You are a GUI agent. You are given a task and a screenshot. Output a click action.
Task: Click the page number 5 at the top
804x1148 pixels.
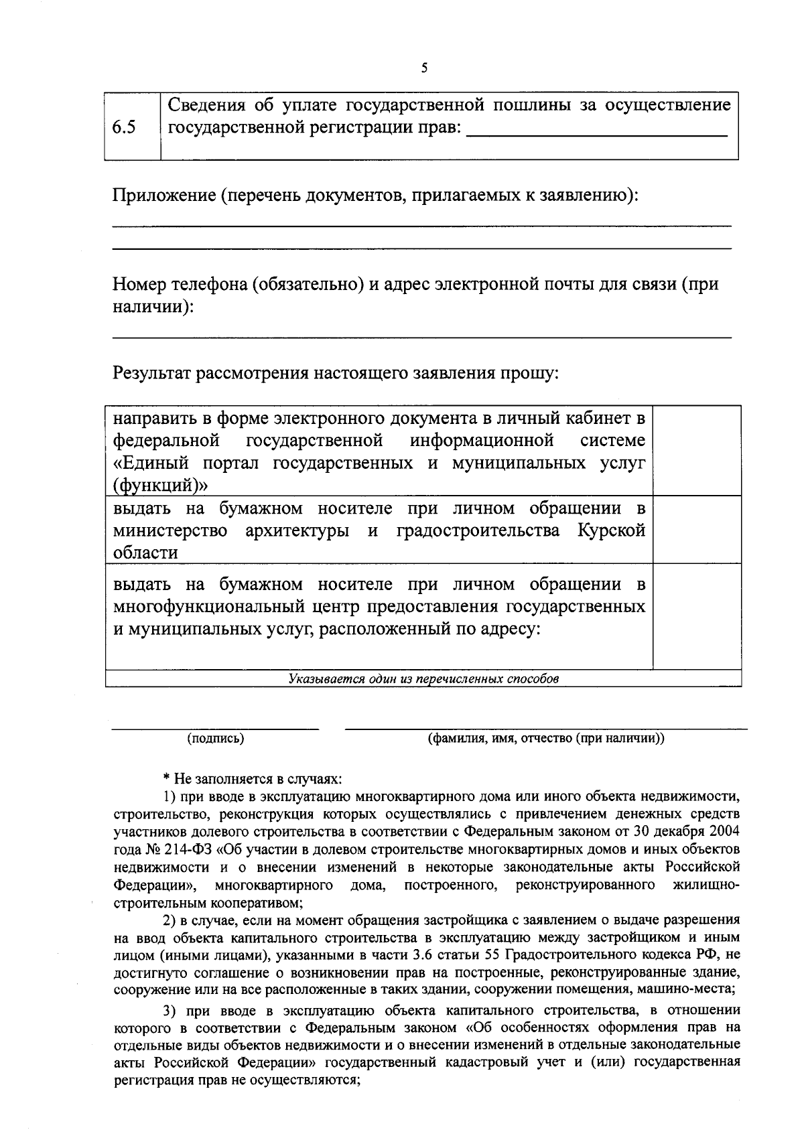[x=424, y=68]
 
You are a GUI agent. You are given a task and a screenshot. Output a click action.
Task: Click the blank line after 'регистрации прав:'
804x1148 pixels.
[x=596, y=134]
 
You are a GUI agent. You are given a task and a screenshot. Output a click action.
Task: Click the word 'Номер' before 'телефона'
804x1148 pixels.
[x=137, y=284]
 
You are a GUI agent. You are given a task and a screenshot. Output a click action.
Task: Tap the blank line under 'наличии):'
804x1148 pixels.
[x=421, y=335]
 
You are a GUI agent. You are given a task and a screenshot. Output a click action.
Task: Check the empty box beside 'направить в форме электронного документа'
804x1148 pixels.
[x=696, y=450]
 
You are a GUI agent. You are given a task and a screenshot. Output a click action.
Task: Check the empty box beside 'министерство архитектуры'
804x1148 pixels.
[x=696, y=529]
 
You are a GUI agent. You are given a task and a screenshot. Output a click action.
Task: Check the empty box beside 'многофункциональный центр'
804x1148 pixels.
[x=696, y=615]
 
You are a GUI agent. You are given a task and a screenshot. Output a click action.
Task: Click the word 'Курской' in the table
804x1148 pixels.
[x=611, y=530]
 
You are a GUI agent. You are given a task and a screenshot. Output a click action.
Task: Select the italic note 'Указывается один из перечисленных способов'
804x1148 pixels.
[x=423, y=678]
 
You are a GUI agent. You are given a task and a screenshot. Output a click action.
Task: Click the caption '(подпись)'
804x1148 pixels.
[x=215, y=739]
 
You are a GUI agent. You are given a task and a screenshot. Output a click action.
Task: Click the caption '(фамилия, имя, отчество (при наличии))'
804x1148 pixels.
[x=545, y=739]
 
